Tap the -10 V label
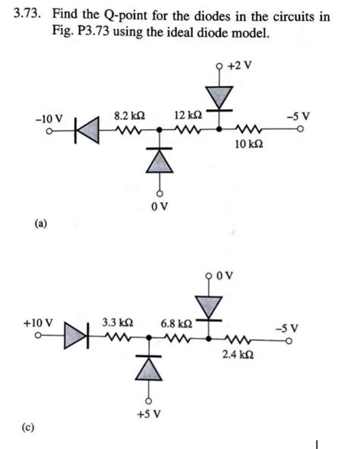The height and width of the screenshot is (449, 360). click(x=48, y=119)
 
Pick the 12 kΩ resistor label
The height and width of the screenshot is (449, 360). click(x=188, y=115)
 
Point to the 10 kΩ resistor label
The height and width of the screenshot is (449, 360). click(x=248, y=144)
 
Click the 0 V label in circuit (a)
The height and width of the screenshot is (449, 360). click(x=159, y=205)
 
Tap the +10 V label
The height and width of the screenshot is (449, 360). click(x=39, y=322)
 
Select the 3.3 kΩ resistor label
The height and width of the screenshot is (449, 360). click(x=118, y=322)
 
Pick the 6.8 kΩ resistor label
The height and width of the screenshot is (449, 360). click(x=176, y=322)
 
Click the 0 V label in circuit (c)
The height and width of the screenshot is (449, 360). click(x=232, y=277)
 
